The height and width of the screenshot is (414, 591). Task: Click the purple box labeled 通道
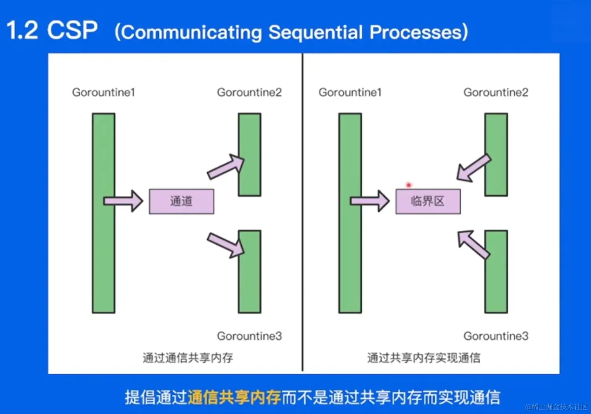coord(181,201)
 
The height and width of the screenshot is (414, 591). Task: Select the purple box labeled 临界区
coord(428,201)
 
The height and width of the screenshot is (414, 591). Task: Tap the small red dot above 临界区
coord(409,185)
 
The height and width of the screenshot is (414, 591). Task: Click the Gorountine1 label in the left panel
coord(103,92)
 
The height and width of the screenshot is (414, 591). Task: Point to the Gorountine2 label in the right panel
coord(496,92)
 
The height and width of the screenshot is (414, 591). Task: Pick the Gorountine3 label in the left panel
coord(249,336)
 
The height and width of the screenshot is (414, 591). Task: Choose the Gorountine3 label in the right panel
coord(496,336)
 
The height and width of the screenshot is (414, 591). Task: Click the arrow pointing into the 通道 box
coord(123,201)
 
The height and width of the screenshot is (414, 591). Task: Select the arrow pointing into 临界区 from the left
coord(370,201)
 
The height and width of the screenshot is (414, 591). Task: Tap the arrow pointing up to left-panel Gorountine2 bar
coord(226,167)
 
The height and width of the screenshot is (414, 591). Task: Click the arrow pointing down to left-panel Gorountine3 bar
coord(226,246)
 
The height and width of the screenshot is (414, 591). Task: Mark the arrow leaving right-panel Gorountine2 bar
coord(474,168)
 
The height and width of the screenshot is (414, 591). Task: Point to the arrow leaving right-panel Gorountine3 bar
coord(474,244)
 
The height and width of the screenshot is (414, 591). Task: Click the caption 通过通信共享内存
coord(188,358)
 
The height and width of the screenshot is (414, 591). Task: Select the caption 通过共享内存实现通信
coord(424,358)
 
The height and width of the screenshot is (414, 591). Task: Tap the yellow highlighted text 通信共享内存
coord(234,397)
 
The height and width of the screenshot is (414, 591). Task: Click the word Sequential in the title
coord(315,32)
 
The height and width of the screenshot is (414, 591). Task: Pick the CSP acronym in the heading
coord(72,30)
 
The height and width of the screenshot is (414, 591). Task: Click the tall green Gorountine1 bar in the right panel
coord(350,213)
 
